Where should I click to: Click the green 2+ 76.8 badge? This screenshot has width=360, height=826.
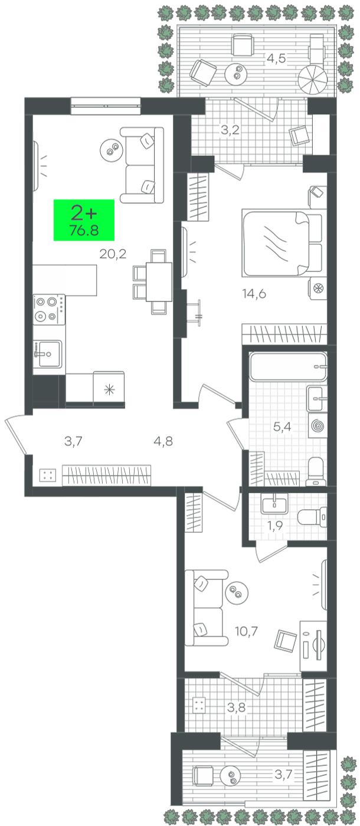84,219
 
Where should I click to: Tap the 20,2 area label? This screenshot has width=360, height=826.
113,254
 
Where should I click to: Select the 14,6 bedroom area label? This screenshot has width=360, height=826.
254,294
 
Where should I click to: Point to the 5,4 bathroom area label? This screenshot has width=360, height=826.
282,427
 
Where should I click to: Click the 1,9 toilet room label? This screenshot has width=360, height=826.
275,526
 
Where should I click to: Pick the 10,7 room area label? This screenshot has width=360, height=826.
246,631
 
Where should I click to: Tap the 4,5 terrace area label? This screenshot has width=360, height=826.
276,58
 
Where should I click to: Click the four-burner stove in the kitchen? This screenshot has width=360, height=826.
49,309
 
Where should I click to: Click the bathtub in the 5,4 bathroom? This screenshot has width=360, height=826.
288,367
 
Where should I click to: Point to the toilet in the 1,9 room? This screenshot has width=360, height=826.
312,517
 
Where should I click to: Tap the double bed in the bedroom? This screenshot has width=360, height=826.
282,243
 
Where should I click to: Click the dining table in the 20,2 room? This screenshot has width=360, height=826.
159,281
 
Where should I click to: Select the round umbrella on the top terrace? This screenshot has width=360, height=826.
312,81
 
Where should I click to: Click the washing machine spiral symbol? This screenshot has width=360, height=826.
318,426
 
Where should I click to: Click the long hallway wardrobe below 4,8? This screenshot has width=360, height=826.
107,476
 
